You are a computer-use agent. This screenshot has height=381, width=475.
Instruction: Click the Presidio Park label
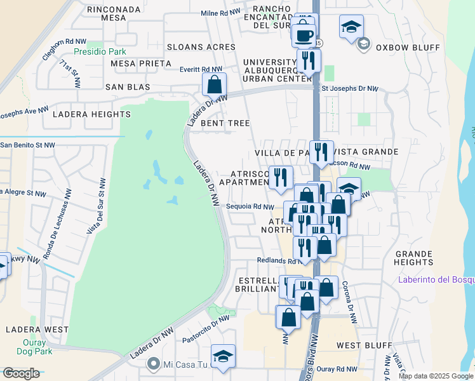click(100, 51)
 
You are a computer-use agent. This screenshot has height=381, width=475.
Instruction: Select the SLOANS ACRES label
click(201, 47)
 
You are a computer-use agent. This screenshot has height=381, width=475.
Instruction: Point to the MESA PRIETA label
click(141, 63)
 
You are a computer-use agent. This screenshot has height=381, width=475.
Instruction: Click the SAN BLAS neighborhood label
click(128, 86)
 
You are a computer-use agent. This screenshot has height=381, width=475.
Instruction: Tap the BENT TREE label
click(225, 123)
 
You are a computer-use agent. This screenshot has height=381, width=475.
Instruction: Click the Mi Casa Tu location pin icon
click(153, 364)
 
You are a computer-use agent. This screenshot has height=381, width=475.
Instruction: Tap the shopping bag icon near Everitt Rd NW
click(215, 83)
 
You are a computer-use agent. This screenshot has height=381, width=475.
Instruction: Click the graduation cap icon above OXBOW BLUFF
click(351, 27)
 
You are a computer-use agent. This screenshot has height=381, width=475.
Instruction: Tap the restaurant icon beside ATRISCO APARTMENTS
click(280, 177)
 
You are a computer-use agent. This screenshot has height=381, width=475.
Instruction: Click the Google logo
click(21, 373)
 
